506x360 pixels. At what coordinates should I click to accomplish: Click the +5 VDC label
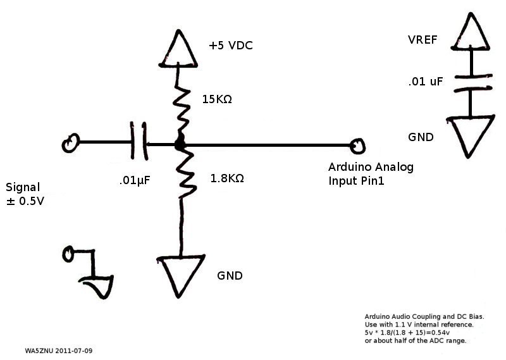point(230,46)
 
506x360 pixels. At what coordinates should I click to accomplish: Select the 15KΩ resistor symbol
point(181,110)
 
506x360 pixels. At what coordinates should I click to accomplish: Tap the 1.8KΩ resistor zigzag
point(185,175)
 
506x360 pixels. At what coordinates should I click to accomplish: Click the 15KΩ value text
point(217,99)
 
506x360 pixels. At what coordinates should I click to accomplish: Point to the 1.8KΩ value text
point(227,178)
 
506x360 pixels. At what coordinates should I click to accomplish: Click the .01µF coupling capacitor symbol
point(139,141)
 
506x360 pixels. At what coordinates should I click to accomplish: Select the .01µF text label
point(135,180)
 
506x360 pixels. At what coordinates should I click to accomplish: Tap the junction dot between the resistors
point(180,144)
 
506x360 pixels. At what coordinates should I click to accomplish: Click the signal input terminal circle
point(71,143)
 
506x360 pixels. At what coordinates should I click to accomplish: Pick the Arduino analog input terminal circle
point(357,146)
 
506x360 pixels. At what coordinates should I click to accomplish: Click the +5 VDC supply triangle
point(178,49)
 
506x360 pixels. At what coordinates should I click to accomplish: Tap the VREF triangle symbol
point(471,32)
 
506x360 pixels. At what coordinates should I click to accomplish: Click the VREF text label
point(423,40)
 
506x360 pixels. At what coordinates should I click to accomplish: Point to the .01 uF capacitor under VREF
point(473,82)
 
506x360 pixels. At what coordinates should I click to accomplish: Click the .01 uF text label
point(425,82)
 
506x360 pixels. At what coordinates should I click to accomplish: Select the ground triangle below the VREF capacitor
point(471,136)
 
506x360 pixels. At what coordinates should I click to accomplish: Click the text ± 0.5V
point(25,201)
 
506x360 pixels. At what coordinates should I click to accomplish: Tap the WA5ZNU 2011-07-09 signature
point(58,351)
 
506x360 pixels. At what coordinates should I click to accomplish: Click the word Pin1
point(373,181)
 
